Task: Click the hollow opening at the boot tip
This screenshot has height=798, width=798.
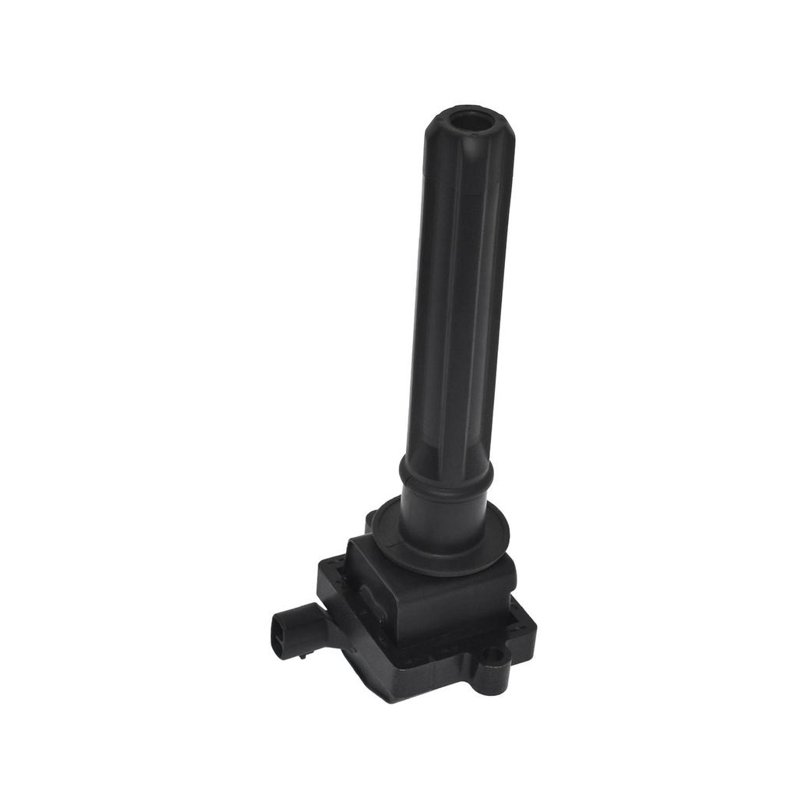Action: click(468, 123)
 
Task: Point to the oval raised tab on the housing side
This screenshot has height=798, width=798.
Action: click(371, 600)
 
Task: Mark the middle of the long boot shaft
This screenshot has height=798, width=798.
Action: click(455, 312)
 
